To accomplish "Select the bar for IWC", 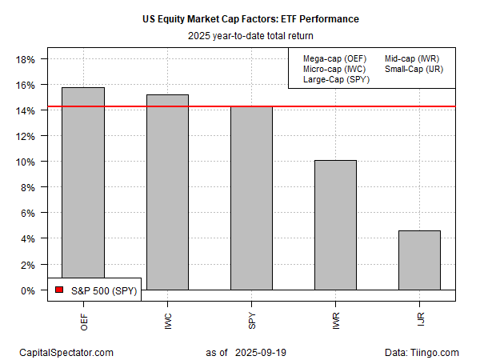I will pos(167,192).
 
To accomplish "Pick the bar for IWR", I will pos(335,225).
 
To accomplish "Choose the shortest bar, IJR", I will pos(419,260).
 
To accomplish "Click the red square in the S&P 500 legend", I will pos(58,290).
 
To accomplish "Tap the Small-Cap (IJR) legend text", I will pos(413,69).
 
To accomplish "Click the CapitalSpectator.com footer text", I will pos(66,352).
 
